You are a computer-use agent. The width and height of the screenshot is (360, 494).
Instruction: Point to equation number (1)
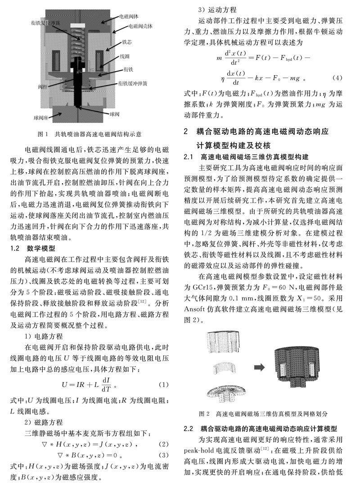click(x=164, y=385)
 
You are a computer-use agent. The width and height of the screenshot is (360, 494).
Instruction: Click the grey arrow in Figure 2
click(x=259, y=367)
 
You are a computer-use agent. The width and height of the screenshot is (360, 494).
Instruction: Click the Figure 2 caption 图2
click(x=204, y=413)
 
